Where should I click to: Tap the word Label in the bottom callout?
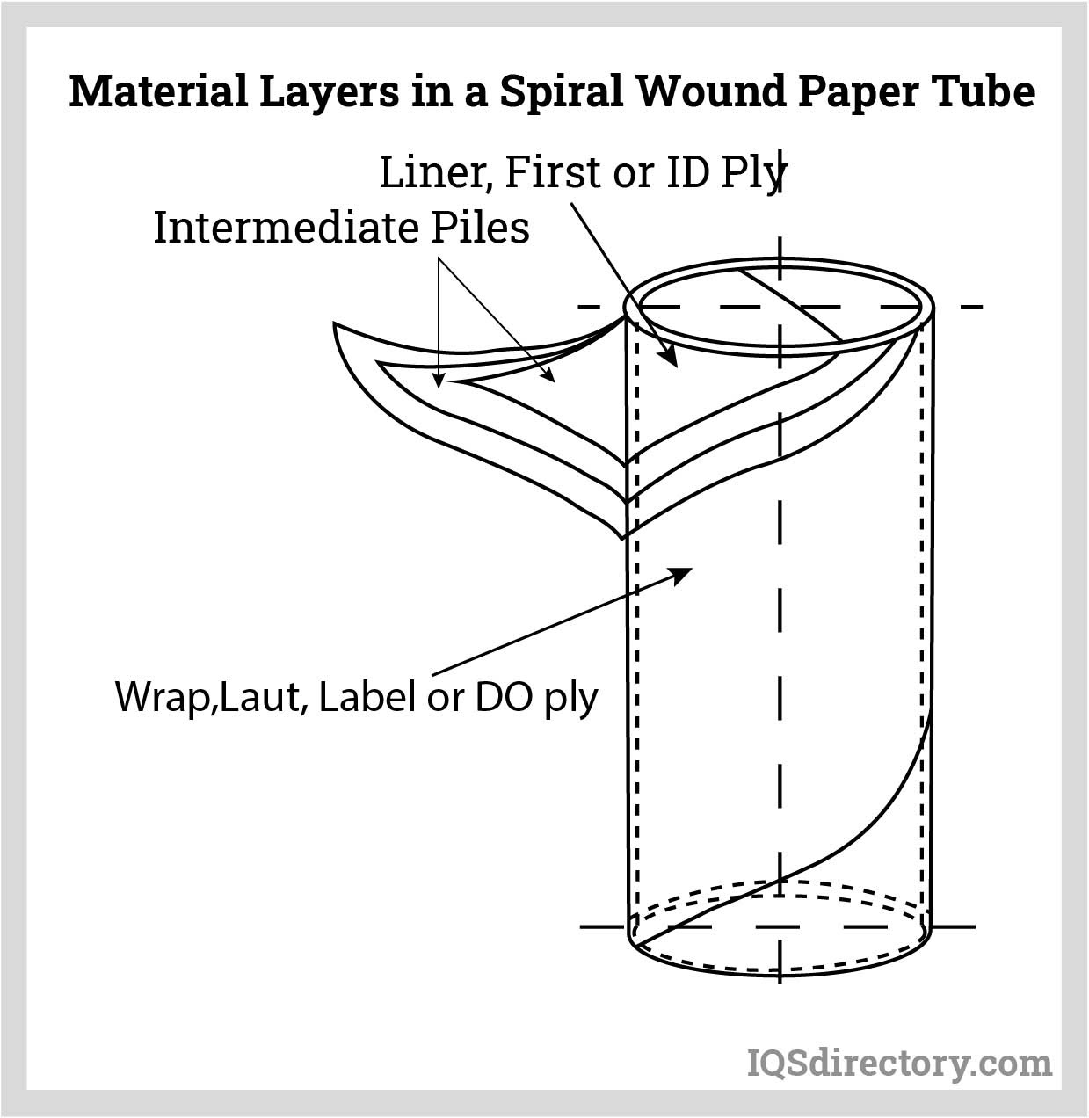[x=367, y=697]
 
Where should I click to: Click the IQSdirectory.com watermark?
[x=898, y=1064]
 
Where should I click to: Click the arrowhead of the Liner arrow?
[x=670, y=359]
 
